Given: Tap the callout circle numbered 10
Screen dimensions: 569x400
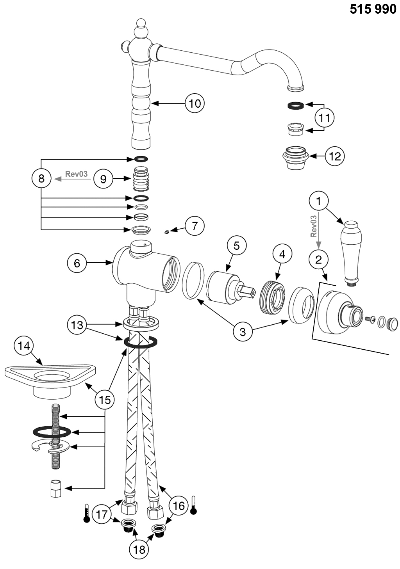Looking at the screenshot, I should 195,103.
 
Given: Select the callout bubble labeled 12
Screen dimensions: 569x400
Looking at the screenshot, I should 335,156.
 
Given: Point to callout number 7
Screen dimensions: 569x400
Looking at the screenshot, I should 194,226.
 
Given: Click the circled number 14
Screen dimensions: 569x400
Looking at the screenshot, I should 24,346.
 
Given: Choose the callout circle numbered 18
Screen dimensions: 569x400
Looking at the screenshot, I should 139,549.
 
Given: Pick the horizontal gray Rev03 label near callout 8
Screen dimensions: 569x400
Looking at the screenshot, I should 76,174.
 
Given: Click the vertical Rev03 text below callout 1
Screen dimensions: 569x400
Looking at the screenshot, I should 313,226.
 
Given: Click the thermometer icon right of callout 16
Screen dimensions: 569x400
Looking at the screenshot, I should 193,505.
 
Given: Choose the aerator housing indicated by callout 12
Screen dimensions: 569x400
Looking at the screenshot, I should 295,158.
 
